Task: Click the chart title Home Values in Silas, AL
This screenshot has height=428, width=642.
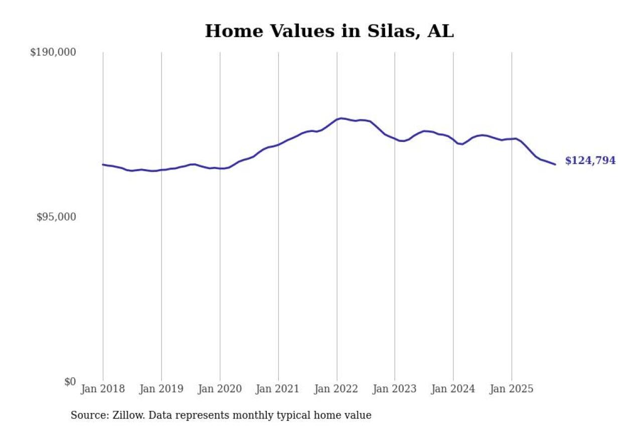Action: point(329,31)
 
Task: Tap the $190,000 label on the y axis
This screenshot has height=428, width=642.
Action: point(53,52)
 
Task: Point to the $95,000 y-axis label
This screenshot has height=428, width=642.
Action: point(56,217)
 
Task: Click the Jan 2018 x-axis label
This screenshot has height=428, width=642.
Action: point(103,389)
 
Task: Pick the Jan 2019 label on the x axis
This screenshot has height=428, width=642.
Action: point(162,389)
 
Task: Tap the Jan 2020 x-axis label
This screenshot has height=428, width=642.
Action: point(220,389)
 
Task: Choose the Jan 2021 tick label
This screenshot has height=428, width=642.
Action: point(278,389)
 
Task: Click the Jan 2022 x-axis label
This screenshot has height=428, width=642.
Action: point(337,389)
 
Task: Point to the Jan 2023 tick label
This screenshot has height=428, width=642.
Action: point(395,389)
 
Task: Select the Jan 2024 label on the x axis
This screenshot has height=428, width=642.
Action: point(453,389)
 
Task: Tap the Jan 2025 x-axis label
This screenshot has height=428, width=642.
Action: point(512,389)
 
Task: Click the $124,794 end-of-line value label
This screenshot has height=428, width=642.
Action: point(590,161)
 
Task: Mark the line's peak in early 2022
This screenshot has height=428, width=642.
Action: point(341,118)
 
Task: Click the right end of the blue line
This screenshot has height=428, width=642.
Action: point(555,165)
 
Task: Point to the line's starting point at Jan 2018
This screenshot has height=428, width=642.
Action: point(103,165)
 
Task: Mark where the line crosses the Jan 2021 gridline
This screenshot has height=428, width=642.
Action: point(278,145)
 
